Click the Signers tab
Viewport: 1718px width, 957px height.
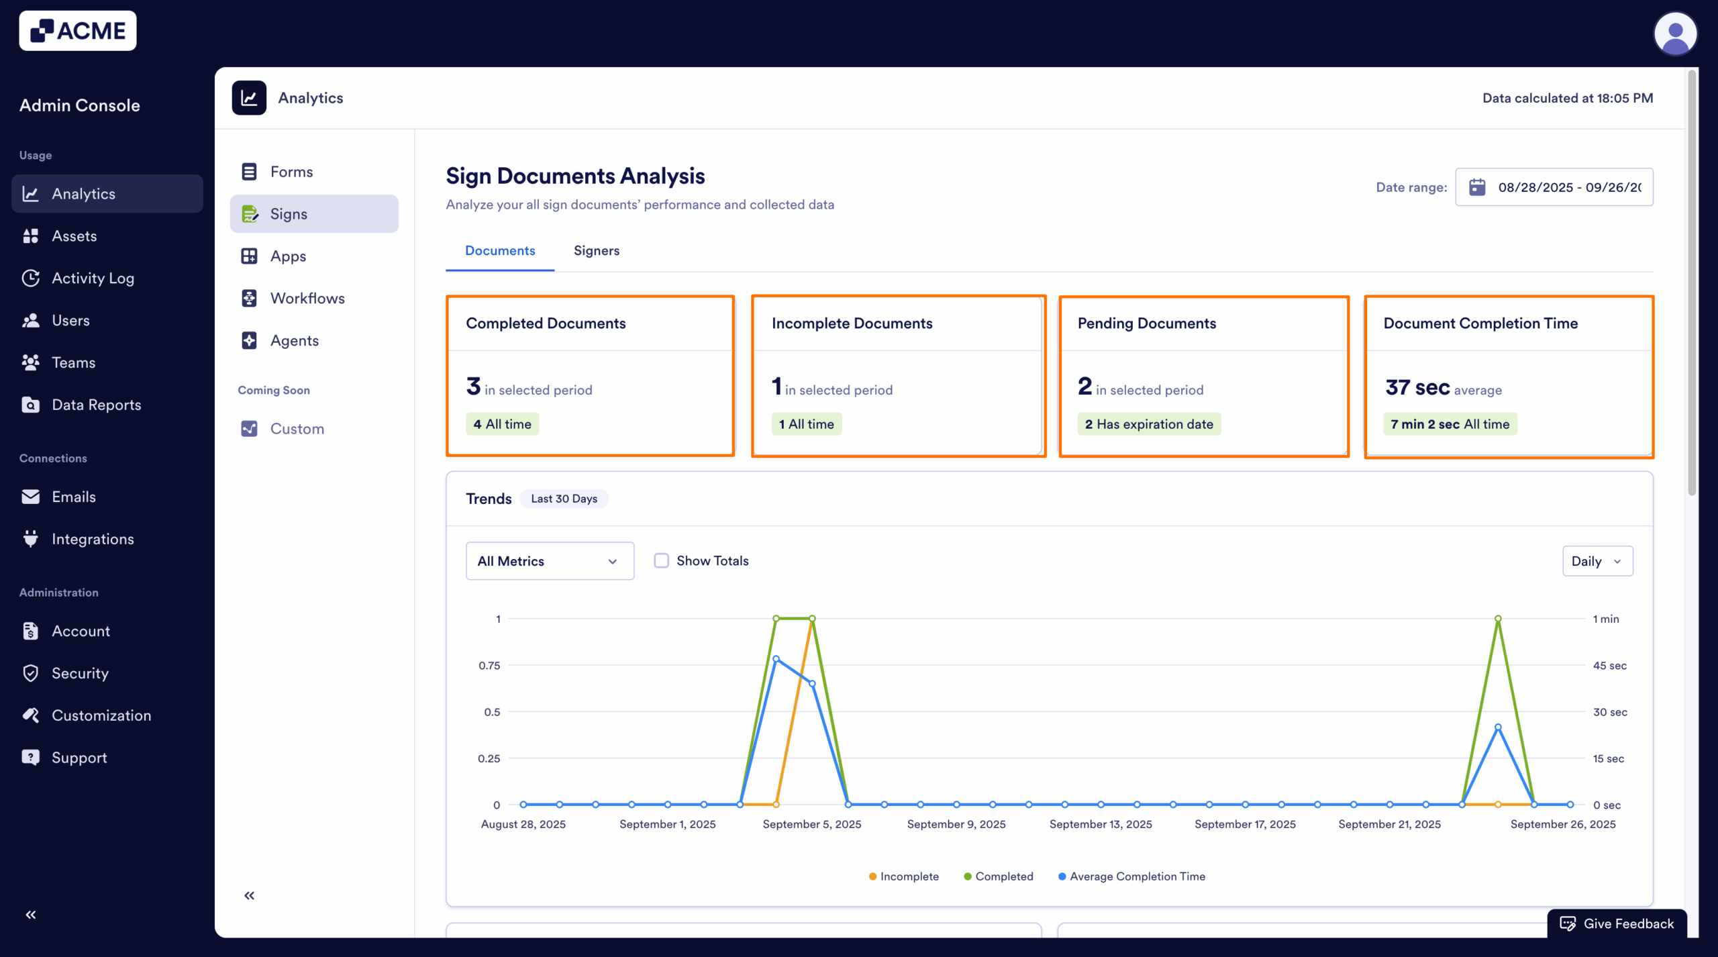(596, 250)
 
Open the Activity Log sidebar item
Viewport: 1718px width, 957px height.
(93, 278)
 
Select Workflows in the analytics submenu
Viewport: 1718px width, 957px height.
(307, 298)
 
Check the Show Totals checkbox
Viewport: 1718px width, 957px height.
(662, 560)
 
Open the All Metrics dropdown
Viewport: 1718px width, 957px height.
(549, 561)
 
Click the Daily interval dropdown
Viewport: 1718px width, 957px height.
(1597, 561)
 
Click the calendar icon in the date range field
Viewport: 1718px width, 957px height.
(1477, 187)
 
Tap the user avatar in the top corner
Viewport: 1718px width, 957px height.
(1674, 34)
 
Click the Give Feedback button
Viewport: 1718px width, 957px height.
(1617, 923)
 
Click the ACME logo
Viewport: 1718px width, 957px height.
(78, 31)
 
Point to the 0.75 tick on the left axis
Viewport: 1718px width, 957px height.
(489, 666)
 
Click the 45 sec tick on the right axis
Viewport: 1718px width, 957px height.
(1609, 666)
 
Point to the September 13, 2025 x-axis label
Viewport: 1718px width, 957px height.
(1101, 824)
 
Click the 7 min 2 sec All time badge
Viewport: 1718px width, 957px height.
(1450, 424)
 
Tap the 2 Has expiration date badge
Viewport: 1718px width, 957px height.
(1148, 424)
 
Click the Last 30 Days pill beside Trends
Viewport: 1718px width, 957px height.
(564, 499)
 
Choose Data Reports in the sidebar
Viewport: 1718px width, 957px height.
(96, 405)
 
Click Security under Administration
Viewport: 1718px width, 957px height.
(80, 673)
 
